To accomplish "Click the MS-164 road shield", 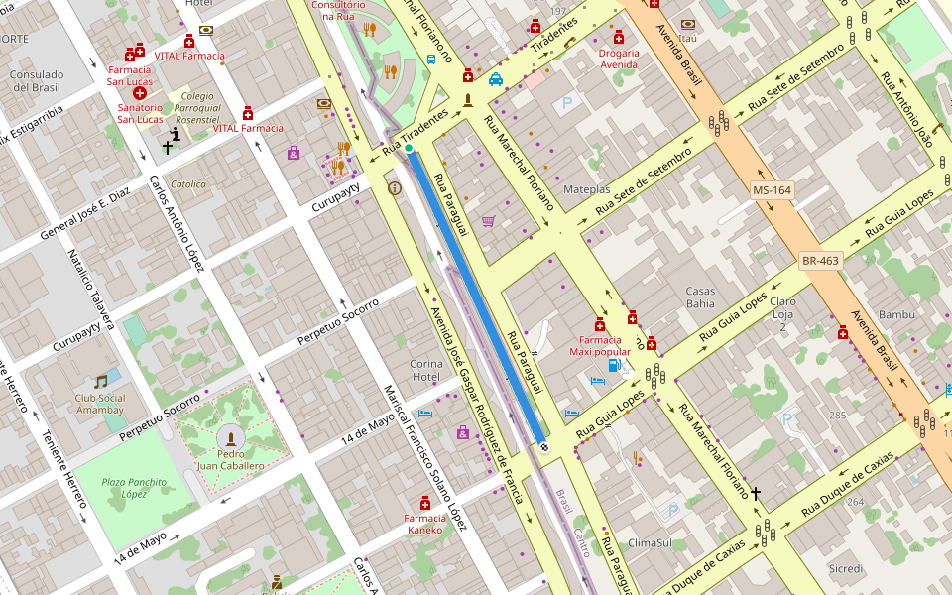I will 773,189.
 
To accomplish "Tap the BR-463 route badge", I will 820,261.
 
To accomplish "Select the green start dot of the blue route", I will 409,148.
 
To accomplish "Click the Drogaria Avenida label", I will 619,59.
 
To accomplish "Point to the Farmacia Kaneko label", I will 431,524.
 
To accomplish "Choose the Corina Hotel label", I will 426,370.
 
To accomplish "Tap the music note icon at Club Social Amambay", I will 100,381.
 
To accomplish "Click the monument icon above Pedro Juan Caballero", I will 231,438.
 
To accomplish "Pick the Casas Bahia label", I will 700,297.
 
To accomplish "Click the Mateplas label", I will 587,188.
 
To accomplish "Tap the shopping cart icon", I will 488,221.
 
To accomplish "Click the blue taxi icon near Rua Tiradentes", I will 495,79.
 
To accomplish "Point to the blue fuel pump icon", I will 615,366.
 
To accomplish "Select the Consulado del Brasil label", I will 36,80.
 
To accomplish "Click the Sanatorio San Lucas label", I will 140,113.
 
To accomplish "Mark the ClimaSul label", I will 650,543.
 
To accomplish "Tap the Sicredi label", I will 845,568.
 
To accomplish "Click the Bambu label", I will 896,314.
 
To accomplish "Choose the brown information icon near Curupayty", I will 395,187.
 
